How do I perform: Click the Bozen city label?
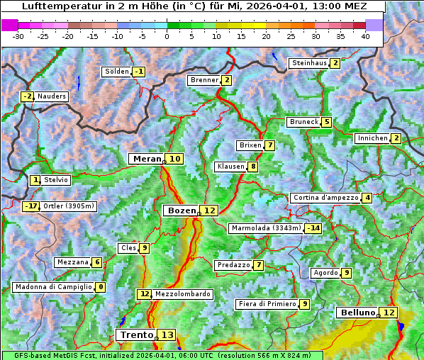[x=181, y=210]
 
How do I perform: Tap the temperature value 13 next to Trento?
[x=167, y=334]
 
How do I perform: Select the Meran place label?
[x=147, y=159]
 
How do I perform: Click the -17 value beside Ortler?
[x=30, y=206]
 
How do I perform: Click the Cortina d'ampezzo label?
[x=325, y=198]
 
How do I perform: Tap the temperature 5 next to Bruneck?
[x=326, y=122]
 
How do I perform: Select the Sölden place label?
[x=117, y=72]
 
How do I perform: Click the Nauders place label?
[x=52, y=96]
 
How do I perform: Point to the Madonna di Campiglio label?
[x=53, y=287]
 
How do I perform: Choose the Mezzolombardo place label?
[x=182, y=294]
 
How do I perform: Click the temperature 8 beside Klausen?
[x=252, y=167]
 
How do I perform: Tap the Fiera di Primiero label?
[x=267, y=304]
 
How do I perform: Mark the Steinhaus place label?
[x=309, y=63]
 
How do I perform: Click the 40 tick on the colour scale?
[x=365, y=35]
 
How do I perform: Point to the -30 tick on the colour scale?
[x=18, y=35]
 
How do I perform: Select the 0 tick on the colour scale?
[x=167, y=35]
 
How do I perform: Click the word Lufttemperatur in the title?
[x=56, y=6]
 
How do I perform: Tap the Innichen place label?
[x=372, y=138]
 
